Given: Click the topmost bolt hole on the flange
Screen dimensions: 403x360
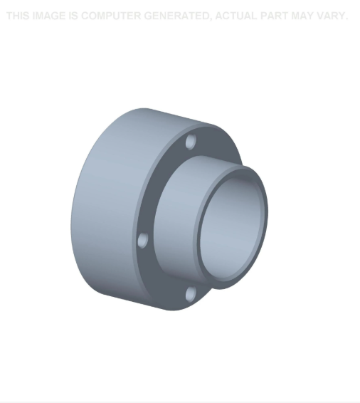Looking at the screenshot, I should pyautogui.click(x=190, y=142).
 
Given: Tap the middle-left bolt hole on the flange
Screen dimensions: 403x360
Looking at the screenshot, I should pyautogui.click(x=142, y=241).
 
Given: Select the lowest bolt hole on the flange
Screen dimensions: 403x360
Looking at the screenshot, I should pyautogui.click(x=190, y=293).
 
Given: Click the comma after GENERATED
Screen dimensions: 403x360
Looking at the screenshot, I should pyautogui.click(x=210, y=19).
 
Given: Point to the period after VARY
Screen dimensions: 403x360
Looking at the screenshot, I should pyautogui.click(x=346, y=19).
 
